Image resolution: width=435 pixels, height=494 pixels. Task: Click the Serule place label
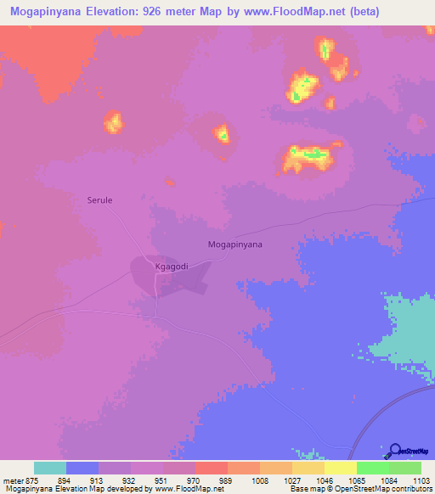(100, 200)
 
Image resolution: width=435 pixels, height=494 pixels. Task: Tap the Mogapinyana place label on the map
(235, 244)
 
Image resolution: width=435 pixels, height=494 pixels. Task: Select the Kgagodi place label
(170, 267)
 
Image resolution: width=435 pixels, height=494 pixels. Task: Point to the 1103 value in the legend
(421, 480)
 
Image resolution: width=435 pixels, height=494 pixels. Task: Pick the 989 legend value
(226, 480)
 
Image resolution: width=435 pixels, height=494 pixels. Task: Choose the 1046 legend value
(324, 480)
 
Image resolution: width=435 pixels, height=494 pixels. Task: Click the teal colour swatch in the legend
(50, 468)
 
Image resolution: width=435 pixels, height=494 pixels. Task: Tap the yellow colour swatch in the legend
(341, 468)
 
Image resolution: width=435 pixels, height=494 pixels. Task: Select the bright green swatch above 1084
(373, 468)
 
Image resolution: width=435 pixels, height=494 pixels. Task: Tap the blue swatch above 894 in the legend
(82, 468)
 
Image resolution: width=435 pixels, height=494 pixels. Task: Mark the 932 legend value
(128, 480)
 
